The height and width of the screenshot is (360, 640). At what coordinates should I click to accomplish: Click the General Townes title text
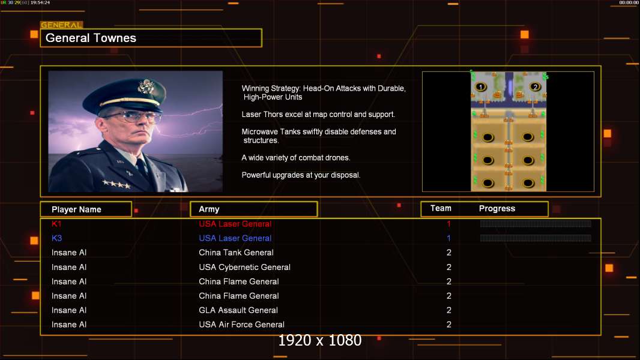pos(91,38)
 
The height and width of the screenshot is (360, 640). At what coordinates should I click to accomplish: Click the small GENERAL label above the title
pos(61,25)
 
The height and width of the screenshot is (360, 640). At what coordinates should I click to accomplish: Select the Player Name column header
pos(76,209)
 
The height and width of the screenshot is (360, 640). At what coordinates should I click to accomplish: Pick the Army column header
pos(209,209)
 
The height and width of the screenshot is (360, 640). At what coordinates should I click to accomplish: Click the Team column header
pos(441,208)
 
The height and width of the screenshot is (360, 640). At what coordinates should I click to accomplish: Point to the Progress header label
pos(497,209)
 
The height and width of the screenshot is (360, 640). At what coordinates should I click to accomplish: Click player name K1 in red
pos(56,224)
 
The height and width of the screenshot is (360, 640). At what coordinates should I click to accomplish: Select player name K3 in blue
pos(56,238)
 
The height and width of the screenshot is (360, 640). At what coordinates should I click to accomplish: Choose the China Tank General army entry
pos(236,253)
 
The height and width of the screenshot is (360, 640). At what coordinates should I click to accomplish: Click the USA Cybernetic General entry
pos(244,267)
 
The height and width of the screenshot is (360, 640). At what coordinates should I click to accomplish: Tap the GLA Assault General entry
pos(238,310)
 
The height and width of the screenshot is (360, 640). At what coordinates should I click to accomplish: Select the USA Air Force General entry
pos(241,325)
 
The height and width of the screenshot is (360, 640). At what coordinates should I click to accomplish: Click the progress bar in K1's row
pos(536,224)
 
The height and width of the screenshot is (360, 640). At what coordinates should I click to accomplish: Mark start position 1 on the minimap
pos(480,87)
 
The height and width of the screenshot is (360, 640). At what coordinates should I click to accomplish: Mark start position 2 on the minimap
pos(536,87)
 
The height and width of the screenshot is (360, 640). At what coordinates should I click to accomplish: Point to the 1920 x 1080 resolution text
pos(320,340)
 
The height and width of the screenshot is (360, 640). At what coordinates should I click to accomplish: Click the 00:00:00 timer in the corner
pos(629,3)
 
